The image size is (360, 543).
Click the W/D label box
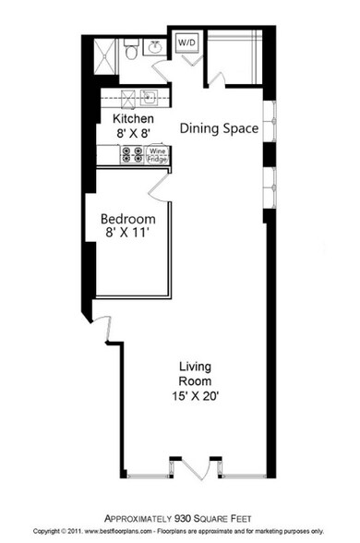pos(186,42)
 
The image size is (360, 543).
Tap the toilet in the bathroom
pos(131,51)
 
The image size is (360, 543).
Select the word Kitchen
pos(133,119)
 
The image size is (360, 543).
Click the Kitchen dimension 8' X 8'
pos(133,134)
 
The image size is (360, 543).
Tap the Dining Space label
pos(218,128)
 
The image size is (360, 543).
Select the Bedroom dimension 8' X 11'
pos(127,234)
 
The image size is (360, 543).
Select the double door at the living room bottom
pos(194,467)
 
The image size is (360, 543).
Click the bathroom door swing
pos(161,69)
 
